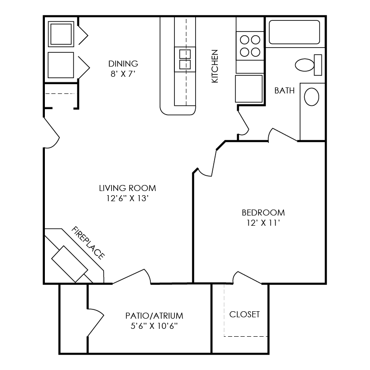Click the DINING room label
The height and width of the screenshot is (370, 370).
click(x=123, y=63)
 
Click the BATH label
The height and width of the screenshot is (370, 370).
click(x=284, y=91)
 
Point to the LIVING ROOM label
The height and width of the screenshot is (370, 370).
click(x=127, y=188)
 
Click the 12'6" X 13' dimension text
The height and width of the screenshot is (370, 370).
click(x=127, y=198)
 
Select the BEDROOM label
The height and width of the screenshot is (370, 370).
click(x=263, y=213)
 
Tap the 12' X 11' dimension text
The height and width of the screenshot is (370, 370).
click(x=263, y=223)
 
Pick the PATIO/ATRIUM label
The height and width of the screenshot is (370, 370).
click(x=154, y=316)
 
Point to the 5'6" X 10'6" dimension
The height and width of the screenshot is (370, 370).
click(x=154, y=326)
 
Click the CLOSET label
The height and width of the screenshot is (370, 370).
click(x=245, y=314)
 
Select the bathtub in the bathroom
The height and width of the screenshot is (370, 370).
click(x=294, y=32)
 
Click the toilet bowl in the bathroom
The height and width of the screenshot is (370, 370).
click(x=305, y=65)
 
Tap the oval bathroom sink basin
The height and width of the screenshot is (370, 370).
click(x=311, y=98)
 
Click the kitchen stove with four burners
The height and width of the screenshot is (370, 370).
click(x=250, y=45)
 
